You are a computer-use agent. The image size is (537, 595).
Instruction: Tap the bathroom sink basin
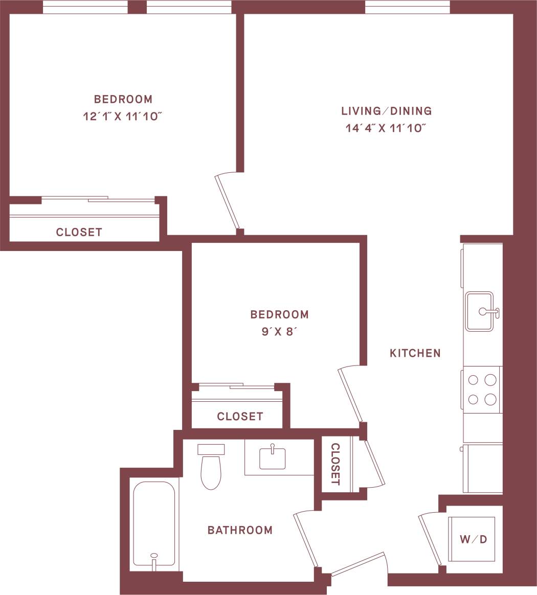tap(273, 458)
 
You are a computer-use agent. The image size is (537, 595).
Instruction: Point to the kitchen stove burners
tap(482, 389)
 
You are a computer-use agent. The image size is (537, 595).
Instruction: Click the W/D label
tap(473, 539)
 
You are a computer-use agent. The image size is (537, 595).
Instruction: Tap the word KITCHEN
tap(415, 353)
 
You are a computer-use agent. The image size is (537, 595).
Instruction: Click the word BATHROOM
tap(240, 530)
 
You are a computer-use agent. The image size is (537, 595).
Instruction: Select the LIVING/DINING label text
tap(387, 111)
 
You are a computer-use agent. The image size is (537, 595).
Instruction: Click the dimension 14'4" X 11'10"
tap(386, 128)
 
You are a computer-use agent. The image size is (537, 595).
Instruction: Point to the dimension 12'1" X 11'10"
tap(123, 117)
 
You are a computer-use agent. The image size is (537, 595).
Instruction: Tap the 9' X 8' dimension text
tap(279, 332)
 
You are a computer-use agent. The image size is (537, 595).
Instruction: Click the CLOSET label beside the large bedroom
tap(79, 232)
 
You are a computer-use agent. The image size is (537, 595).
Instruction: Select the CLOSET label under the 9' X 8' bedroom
tap(240, 417)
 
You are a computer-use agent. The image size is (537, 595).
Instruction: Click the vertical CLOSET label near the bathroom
tap(335, 464)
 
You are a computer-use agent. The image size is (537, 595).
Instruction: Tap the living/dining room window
tap(407, 7)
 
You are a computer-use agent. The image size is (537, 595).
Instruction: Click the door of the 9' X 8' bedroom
tap(351, 395)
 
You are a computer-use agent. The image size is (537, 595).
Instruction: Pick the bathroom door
tap(306, 539)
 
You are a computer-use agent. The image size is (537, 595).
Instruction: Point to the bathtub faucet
tap(153, 558)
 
